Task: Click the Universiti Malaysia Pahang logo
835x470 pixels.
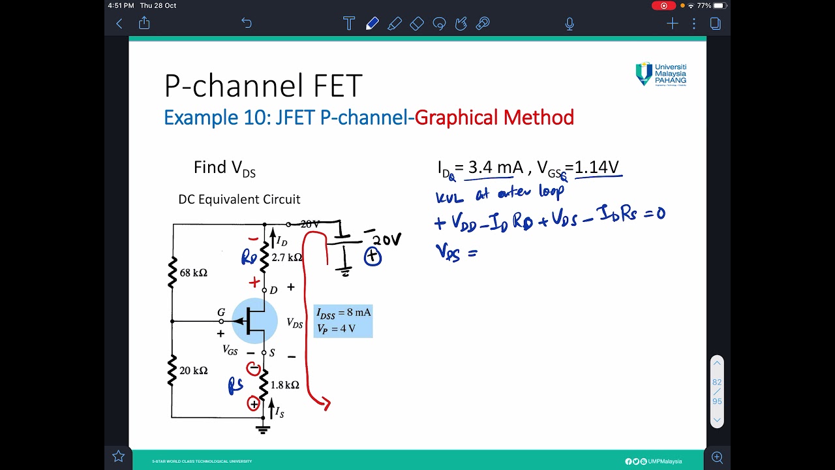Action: click(x=661, y=74)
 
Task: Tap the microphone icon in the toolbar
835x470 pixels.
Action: click(x=569, y=24)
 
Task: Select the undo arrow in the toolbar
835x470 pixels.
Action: click(x=246, y=23)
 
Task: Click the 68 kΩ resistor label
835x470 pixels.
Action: click(x=194, y=273)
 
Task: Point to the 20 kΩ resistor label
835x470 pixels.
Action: click(x=194, y=371)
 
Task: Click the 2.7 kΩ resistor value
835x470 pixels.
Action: click(x=287, y=258)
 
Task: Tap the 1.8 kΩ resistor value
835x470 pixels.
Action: click(x=285, y=385)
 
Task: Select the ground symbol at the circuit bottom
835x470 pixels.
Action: click(x=264, y=429)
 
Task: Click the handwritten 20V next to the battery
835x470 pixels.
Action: click(x=387, y=241)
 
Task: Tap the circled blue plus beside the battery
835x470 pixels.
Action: click(x=372, y=257)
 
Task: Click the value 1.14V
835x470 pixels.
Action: click(x=596, y=168)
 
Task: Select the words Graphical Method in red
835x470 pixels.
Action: click(x=494, y=117)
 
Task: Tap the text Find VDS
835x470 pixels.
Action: click(x=224, y=168)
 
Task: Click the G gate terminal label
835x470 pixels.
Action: click(x=221, y=313)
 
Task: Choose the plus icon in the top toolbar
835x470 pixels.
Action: click(x=673, y=24)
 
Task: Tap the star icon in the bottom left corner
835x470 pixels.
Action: click(x=118, y=456)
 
